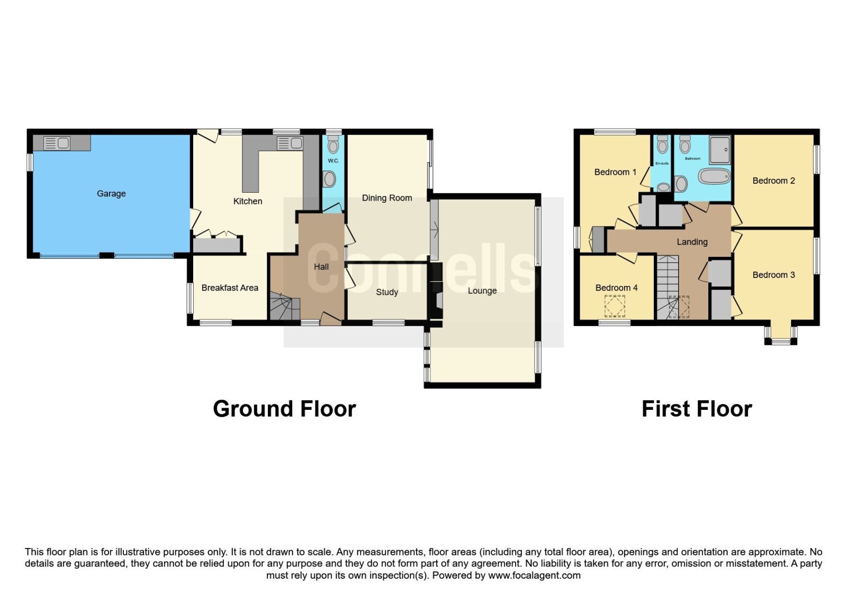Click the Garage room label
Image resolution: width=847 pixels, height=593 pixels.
click(111, 194)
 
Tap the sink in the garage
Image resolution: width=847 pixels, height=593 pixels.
click(57, 143)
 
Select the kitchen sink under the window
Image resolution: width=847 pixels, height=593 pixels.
click(290, 143)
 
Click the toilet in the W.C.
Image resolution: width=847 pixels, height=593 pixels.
click(333, 145)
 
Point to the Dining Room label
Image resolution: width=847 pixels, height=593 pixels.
click(387, 198)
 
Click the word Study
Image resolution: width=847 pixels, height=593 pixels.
click(387, 292)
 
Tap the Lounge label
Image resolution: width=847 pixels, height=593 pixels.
click(482, 291)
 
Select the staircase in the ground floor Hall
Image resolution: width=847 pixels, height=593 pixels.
click(285, 306)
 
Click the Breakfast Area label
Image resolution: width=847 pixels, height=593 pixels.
click(230, 288)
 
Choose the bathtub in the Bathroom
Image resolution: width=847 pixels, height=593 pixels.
click(714, 176)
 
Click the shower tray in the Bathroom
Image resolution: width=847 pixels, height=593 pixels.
click(719, 150)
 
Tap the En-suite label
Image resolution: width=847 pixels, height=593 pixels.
click(662, 164)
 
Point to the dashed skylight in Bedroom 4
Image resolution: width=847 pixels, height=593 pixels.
click(615, 306)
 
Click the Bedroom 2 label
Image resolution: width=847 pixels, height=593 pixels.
click(773, 181)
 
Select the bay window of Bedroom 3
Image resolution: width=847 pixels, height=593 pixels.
click(781, 336)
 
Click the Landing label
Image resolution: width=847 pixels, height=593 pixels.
click(692, 242)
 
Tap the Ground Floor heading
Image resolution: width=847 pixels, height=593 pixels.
click(284, 409)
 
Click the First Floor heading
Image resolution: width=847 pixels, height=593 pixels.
click(697, 409)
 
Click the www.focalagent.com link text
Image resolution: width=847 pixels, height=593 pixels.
click(534, 576)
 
